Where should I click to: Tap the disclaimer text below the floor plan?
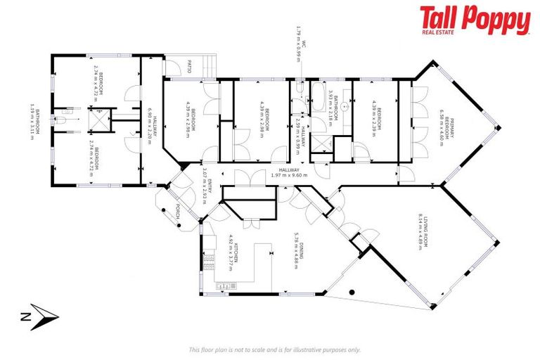point(274,349)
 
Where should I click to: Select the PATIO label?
point(190,68)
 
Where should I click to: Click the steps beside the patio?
point(207,67)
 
